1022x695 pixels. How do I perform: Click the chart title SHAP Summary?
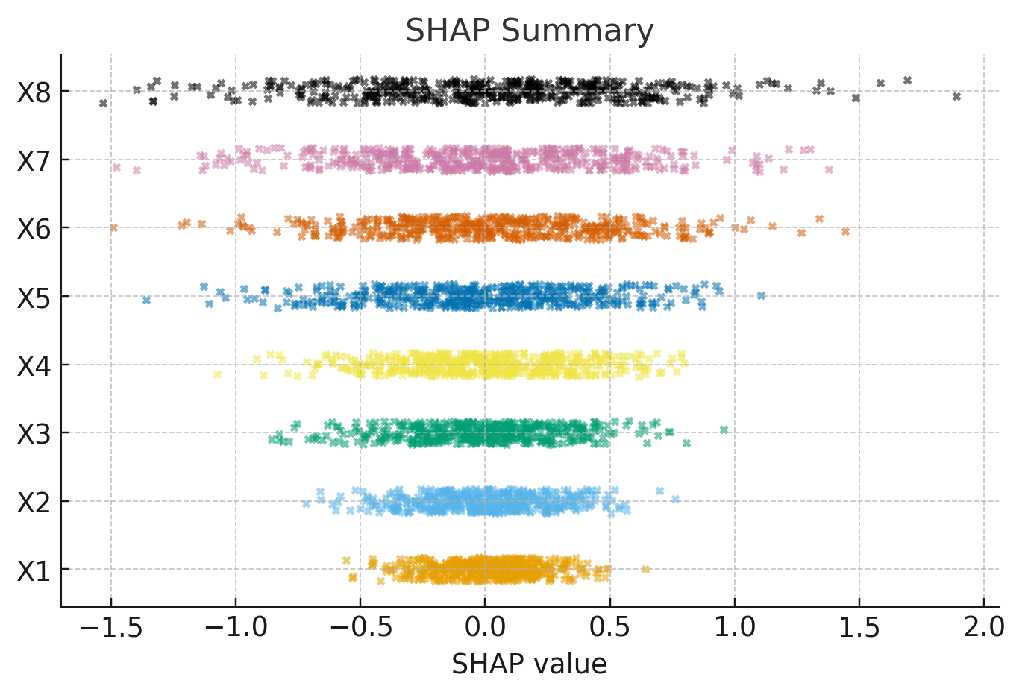(x=529, y=31)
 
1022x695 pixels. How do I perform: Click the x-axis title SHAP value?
(x=529, y=663)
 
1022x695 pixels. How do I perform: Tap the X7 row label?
(x=34, y=160)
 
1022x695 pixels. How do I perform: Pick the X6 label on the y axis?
(x=34, y=229)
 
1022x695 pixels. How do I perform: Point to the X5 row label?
(x=34, y=298)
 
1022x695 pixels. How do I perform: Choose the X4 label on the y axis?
(x=34, y=365)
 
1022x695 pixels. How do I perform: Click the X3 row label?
(x=34, y=434)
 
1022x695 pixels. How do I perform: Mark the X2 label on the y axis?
(x=34, y=502)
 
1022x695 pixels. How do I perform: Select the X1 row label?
(x=34, y=570)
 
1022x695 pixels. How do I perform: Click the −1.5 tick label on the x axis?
(x=110, y=628)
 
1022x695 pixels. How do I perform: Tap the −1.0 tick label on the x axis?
(x=235, y=628)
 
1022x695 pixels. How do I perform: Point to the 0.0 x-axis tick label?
(x=485, y=628)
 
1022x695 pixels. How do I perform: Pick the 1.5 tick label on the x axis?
(x=859, y=628)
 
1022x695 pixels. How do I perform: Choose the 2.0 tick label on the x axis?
(x=984, y=628)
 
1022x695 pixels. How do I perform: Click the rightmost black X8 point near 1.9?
(x=956, y=96)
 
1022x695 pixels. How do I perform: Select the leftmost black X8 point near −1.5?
(x=103, y=103)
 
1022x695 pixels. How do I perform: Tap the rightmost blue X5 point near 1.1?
(x=761, y=296)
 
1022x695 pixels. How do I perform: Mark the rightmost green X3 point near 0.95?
(x=724, y=430)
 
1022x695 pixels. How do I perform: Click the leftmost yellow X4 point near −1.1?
(x=217, y=374)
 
